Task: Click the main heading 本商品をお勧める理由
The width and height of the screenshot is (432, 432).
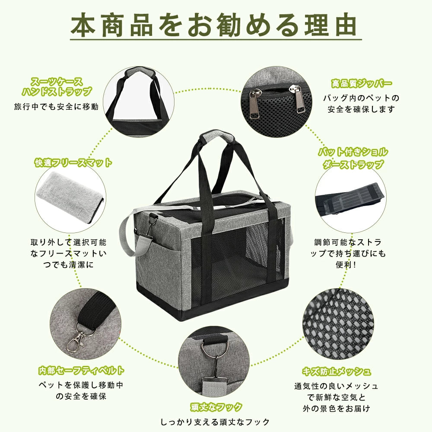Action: (214, 25)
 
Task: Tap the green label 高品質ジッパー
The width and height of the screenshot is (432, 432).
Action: (361, 83)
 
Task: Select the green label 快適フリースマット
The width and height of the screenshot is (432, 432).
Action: (73, 162)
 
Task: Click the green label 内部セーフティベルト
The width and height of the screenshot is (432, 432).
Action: (81, 371)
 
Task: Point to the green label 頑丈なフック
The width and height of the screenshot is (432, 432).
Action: (216, 407)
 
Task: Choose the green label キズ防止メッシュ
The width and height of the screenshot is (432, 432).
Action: (337, 372)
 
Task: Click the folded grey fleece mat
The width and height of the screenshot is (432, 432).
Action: (70, 197)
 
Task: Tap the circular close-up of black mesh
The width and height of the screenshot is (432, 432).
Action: (338, 324)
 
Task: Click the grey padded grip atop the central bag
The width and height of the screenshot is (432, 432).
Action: (216, 137)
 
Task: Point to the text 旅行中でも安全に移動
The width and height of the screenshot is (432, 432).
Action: (56, 107)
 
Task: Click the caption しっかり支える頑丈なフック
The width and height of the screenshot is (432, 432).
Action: (215, 422)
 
